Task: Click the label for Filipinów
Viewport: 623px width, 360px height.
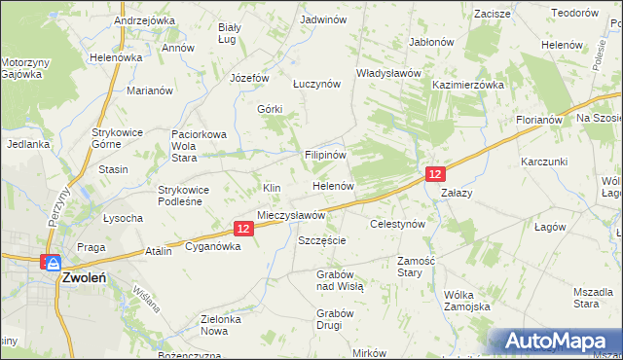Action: point(326,155)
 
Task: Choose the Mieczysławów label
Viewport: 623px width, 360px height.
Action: point(290,214)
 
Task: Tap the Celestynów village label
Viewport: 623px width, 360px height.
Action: point(398,224)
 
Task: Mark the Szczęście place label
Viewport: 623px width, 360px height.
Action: point(322,239)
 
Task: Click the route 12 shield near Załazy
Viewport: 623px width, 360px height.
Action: point(435,173)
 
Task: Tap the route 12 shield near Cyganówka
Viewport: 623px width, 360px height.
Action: point(243,228)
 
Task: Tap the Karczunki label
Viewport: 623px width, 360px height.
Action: point(543,161)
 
